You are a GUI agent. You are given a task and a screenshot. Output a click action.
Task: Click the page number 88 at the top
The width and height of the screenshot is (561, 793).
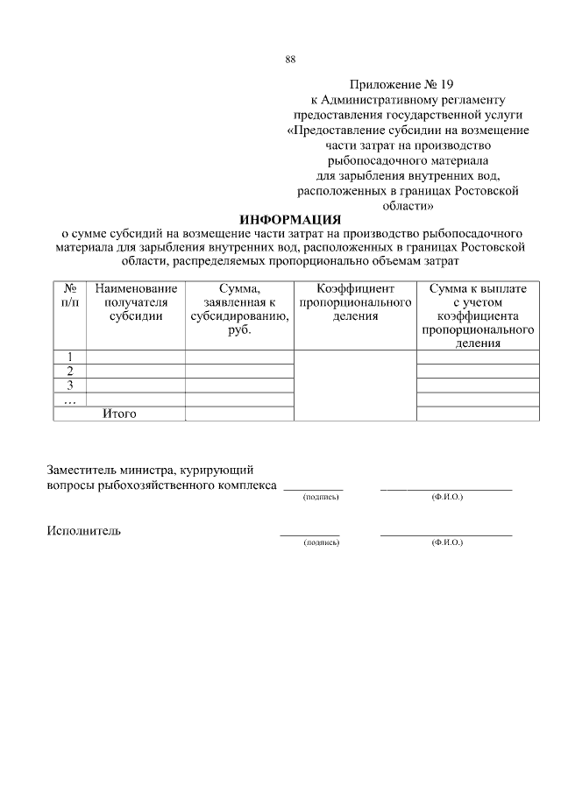coord(290,60)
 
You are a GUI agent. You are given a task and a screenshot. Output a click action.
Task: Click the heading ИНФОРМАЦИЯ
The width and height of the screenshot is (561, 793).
coord(289,219)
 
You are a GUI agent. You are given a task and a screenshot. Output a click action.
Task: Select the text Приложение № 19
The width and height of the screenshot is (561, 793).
coord(402,85)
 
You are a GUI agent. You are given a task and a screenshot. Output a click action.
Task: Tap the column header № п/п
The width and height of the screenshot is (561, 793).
coord(70,294)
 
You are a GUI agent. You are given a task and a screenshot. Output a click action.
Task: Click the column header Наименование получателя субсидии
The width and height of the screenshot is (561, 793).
coord(136,302)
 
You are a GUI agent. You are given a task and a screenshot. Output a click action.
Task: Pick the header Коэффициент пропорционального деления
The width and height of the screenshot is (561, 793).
coord(355,302)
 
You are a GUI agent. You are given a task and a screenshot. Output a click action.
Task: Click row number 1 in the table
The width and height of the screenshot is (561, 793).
coord(70,357)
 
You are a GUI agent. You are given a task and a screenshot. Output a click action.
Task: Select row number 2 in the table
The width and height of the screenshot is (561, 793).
coord(70,371)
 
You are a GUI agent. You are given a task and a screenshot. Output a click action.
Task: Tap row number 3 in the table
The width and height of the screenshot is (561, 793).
coord(70,385)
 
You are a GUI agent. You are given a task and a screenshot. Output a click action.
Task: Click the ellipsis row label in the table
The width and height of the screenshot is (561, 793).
coord(70,400)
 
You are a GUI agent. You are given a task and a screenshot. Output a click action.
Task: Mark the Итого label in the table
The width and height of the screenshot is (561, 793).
coord(120,414)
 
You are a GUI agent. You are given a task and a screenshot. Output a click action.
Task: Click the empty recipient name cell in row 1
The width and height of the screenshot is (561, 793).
coord(136,357)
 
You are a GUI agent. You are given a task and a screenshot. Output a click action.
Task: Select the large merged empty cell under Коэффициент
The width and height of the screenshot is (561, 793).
coord(355,386)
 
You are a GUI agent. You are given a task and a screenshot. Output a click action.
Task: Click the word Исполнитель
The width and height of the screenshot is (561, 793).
coord(84,530)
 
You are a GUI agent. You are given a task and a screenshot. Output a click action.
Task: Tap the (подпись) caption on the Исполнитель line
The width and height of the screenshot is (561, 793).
coord(320,543)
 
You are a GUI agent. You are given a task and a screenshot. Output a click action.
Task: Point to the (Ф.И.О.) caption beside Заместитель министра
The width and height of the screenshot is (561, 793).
coord(447,497)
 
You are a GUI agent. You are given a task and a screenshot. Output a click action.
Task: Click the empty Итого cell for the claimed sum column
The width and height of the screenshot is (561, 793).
coord(239,414)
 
